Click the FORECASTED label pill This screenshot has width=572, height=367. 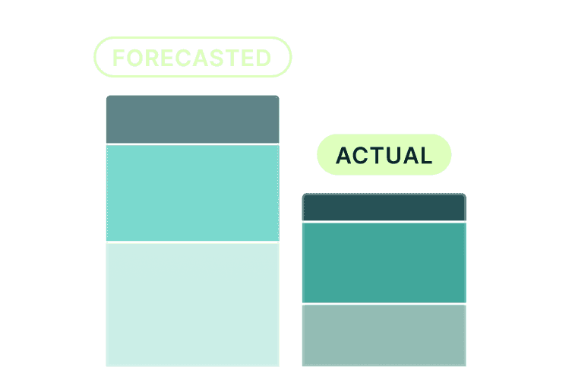[192, 58]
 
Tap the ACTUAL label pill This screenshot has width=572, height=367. [384, 155]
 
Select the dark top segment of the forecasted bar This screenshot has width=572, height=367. [192, 119]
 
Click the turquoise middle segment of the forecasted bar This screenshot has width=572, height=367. [192, 193]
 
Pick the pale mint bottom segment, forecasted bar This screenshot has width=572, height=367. [192, 304]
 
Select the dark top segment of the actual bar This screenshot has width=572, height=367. [384, 207]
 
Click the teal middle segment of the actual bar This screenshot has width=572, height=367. [384, 262]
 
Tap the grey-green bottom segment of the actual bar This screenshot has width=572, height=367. [384, 335]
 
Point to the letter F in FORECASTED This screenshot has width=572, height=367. [119, 58]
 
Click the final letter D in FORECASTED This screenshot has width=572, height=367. [263, 58]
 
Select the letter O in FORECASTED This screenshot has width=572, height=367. [134, 58]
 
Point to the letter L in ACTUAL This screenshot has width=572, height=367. [425, 155]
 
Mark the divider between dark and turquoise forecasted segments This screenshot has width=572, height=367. [192, 144]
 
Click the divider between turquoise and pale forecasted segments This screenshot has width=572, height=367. [192, 242]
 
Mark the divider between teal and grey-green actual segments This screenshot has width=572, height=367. [384, 304]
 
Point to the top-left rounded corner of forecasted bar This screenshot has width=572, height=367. [109, 98]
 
